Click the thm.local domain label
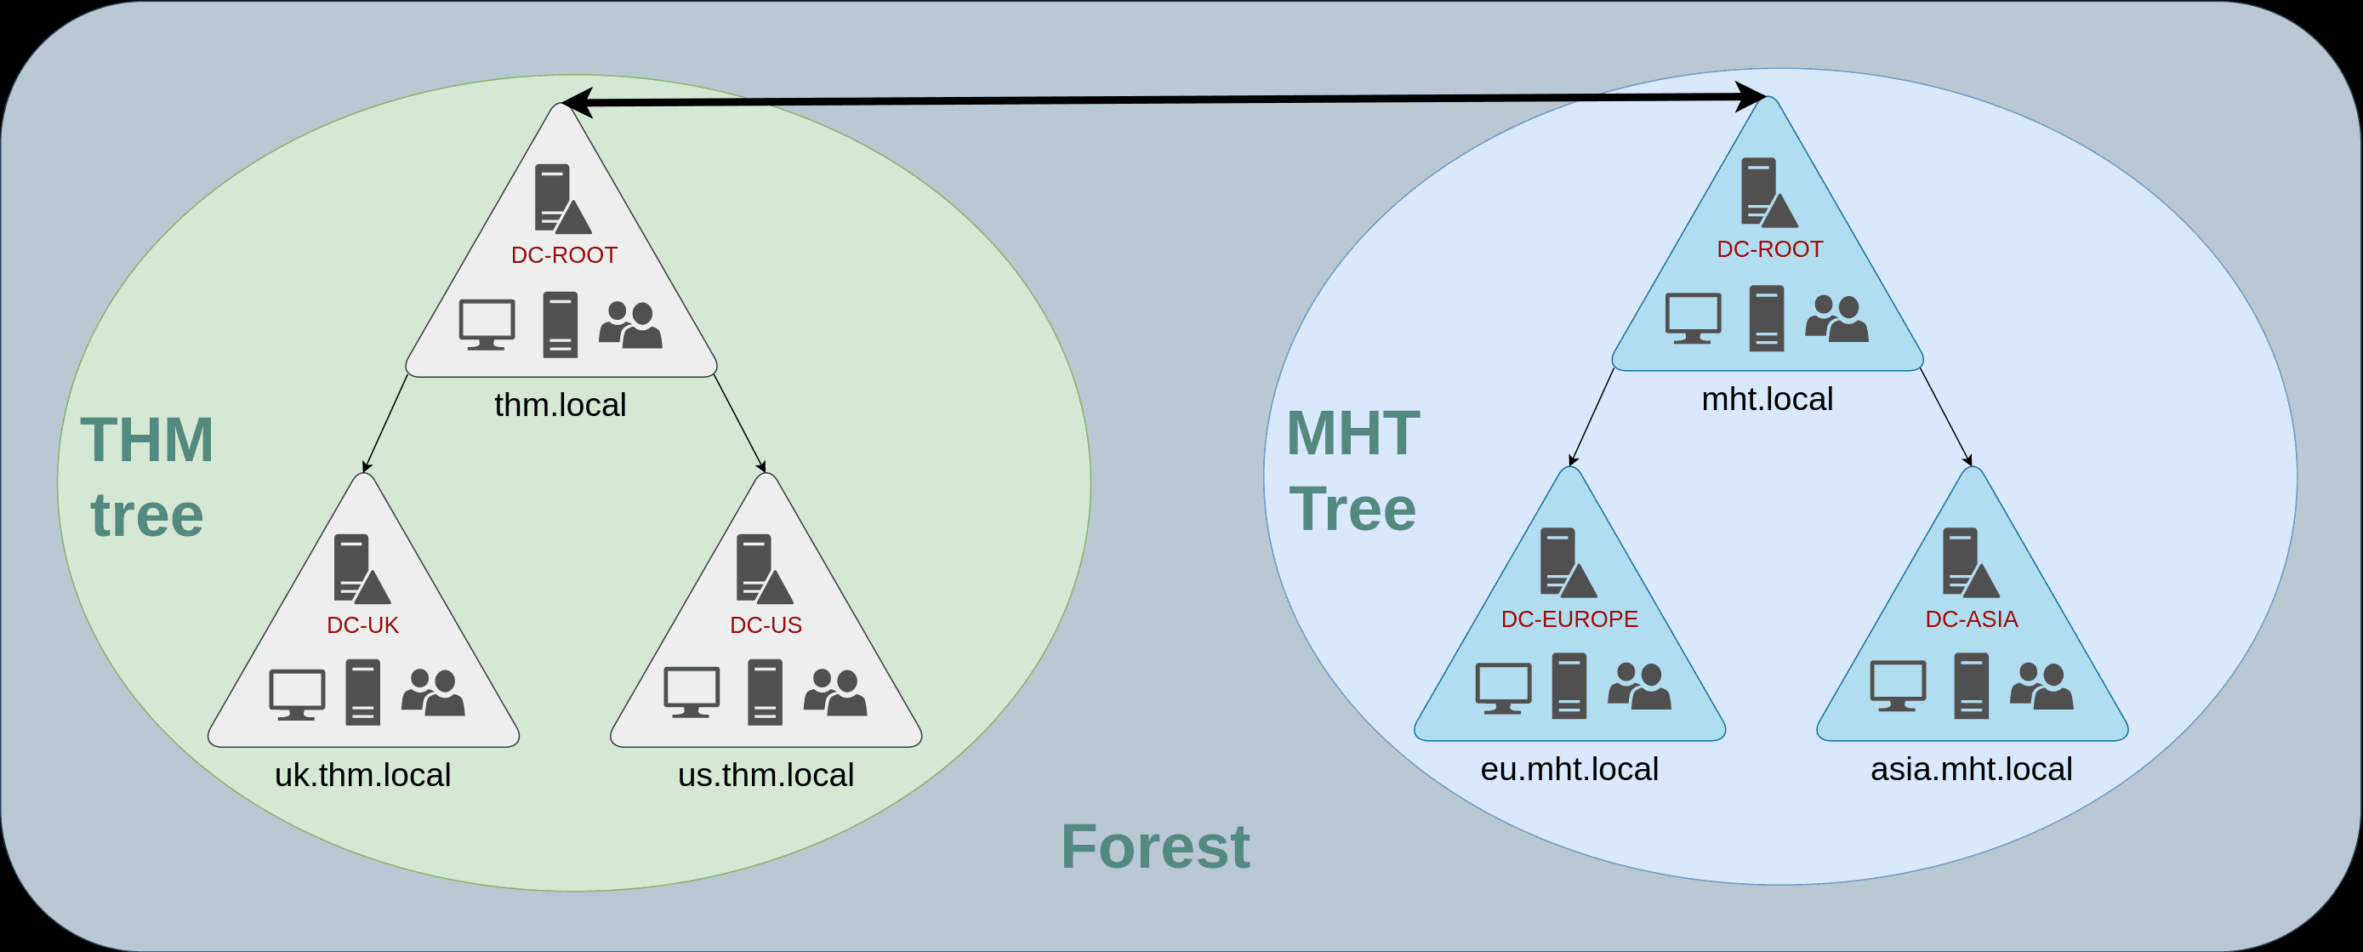(x=561, y=404)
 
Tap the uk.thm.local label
(x=363, y=775)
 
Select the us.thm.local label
(x=766, y=775)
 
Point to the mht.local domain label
(x=1768, y=399)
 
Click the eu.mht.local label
(x=1569, y=768)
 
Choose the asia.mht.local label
(x=1972, y=768)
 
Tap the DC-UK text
(x=363, y=624)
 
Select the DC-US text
(x=766, y=624)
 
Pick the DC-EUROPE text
(x=1569, y=619)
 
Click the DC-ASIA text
(x=1972, y=619)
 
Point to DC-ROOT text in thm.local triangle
(x=564, y=255)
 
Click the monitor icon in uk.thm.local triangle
(x=297, y=694)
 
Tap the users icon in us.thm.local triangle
(x=834, y=692)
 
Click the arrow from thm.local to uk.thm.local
(x=385, y=424)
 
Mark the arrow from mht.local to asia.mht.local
(x=1945, y=418)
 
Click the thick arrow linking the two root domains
(x=1163, y=99)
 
